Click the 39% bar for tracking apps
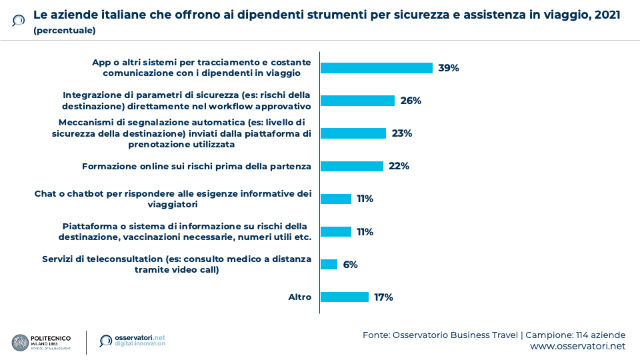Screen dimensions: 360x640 click(377, 68)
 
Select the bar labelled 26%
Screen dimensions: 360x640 click(357, 101)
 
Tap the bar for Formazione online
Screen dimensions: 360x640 click(352, 166)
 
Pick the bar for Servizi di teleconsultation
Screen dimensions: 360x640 click(329, 265)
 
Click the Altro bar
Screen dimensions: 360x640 click(345, 297)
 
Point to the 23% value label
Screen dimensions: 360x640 click(402, 133)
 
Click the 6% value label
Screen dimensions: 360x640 click(351, 265)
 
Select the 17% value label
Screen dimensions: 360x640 click(383, 297)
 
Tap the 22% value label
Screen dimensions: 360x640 click(399, 166)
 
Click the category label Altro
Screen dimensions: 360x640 click(299, 297)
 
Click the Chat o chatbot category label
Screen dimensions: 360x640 click(173, 199)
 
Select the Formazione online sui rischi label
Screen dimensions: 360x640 click(196, 166)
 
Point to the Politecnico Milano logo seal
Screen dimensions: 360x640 click(20, 343)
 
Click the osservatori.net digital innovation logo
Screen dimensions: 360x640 click(131, 341)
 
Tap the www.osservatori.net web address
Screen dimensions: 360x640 click(577, 347)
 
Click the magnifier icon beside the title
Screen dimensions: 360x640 click(18, 21)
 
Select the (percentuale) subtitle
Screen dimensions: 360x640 click(64, 31)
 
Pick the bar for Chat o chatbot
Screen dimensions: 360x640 click(336, 199)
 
